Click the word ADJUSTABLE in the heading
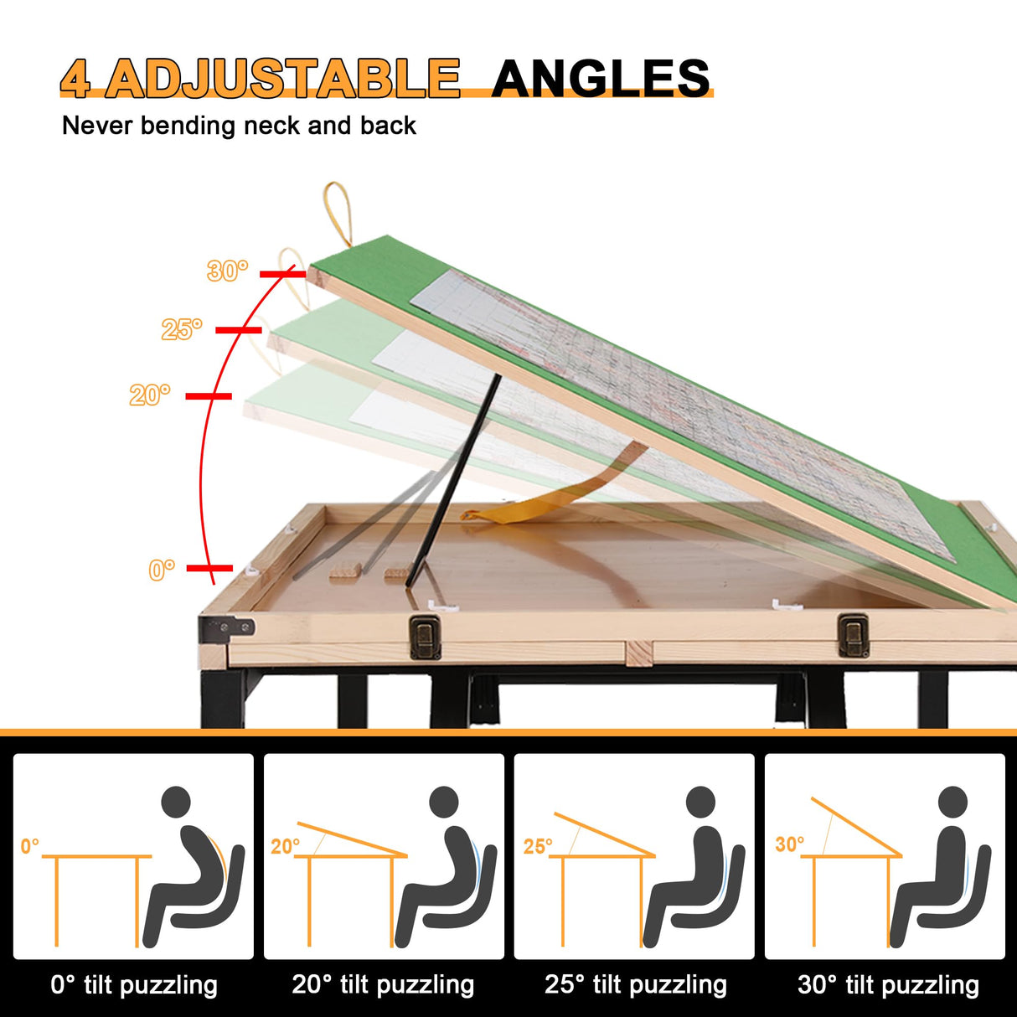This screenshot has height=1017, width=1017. [x=283, y=78]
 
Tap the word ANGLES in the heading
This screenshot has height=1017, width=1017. [x=601, y=78]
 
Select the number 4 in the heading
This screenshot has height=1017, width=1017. [x=75, y=79]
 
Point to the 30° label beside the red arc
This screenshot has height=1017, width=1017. [x=227, y=271]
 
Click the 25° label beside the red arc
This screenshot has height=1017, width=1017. [x=182, y=329]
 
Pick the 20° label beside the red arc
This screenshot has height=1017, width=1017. [x=150, y=395]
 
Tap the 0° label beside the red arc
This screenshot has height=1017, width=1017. [x=162, y=570]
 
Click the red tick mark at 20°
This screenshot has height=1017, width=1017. [x=209, y=395]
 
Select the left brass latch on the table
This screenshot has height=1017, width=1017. [x=425, y=637]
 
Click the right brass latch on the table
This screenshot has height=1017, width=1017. [x=853, y=635]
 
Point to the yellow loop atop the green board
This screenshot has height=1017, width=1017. [x=338, y=214]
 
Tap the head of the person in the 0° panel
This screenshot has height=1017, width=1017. [x=176, y=803]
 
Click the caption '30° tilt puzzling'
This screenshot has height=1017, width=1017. [x=888, y=985]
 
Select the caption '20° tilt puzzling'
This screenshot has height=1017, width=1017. [x=383, y=985]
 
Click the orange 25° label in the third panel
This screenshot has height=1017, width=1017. [x=538, y=846]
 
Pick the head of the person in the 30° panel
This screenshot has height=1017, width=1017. [x=953, y=803]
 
